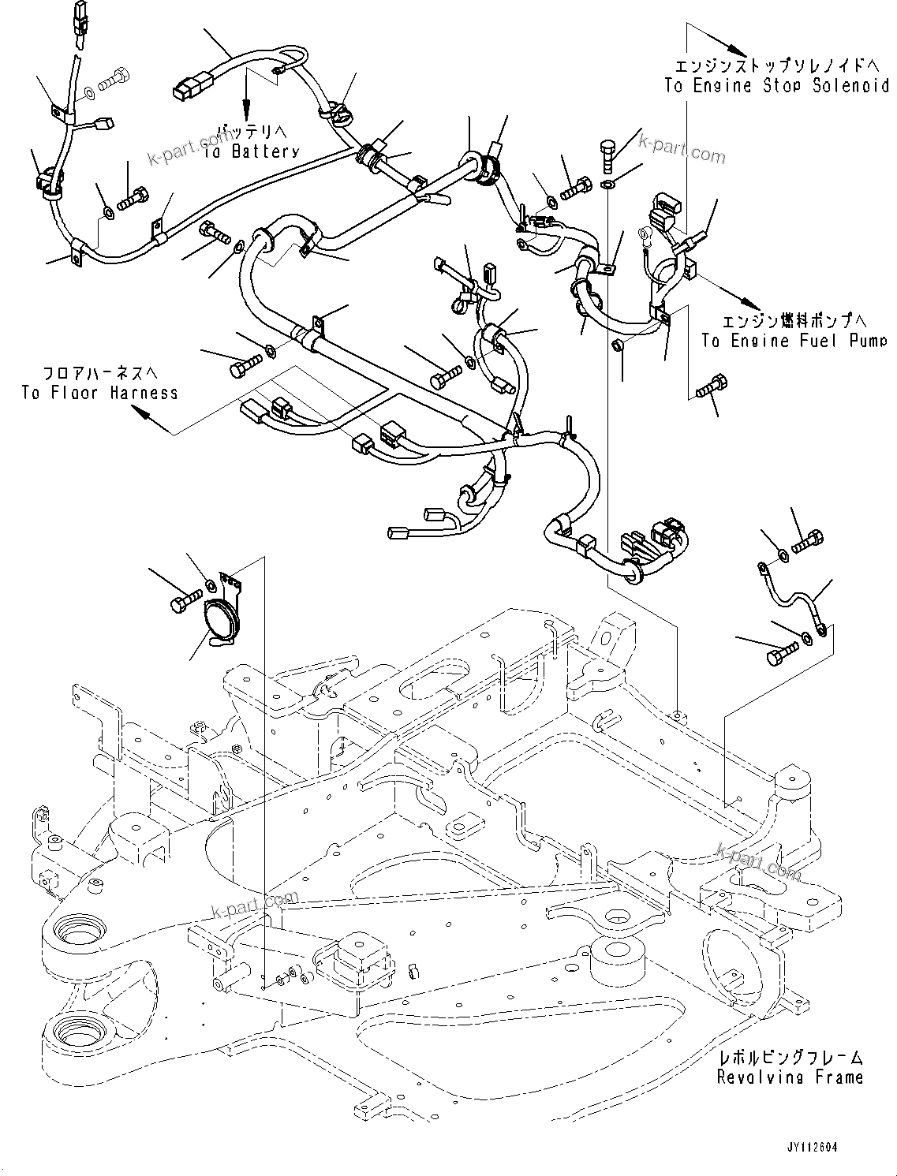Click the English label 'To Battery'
251,151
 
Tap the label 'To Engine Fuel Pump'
794,341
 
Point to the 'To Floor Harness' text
99,393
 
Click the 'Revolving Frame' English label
790,1077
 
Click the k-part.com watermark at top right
681,147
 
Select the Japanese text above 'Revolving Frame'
790,1058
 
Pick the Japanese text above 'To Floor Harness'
99,372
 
